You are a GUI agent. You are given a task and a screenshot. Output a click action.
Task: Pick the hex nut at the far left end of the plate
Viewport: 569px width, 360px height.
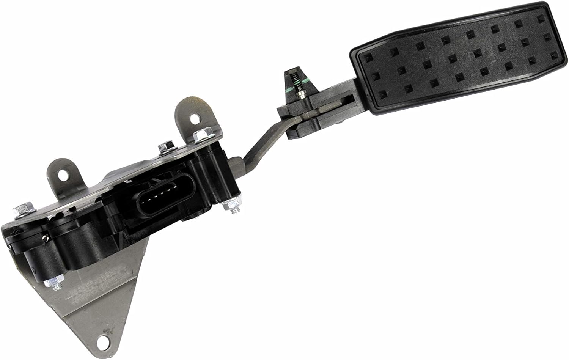pyautogui.click(x=20, y=211)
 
